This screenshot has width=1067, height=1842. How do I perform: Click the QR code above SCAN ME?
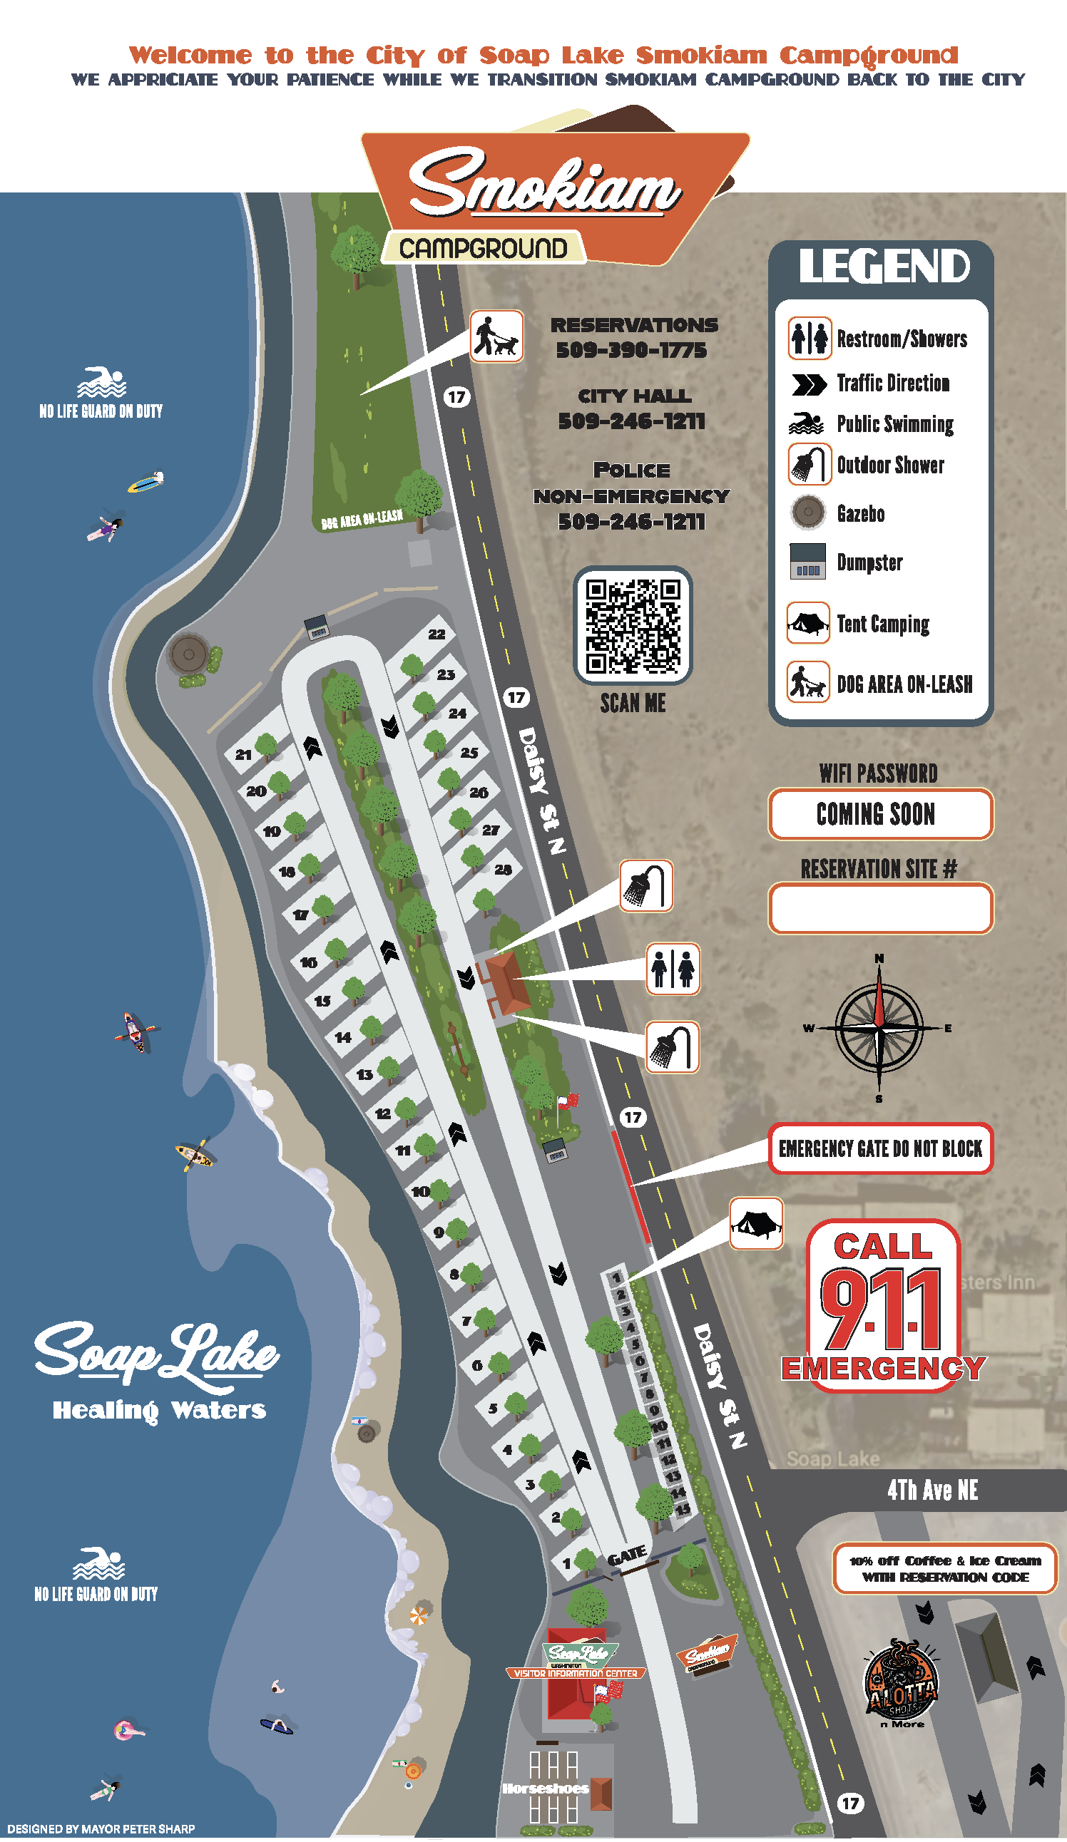pyautogui.click(x=633, y=625)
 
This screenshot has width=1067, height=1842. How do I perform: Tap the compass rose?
pyautogui.click(x=879, y=1028)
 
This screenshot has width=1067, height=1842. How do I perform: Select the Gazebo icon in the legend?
pyautogui.click(x=808, y=512)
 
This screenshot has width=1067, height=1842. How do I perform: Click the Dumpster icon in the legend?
pyautogui.click(x=808, y=562)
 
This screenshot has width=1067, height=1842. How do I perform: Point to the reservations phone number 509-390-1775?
pyautogui.click(x=632, y=350)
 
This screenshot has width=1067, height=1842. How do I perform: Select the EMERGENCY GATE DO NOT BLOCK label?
pyautogui.click(x=880, y=1148)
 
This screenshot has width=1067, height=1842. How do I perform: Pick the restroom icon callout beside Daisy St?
pyautogui.click(x=673, y=969)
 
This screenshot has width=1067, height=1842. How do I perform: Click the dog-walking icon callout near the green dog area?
pyautogui.click(x=496, y=336)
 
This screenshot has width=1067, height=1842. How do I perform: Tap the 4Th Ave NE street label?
pyautogui.click(x=932, y=1490)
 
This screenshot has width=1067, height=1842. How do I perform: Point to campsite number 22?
pyautogui.click(x=436, y=634)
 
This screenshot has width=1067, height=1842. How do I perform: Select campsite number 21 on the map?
pyautogui.click(x=243, y=754)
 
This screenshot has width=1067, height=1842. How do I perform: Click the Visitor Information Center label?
pyautogui.click(x=576, y=1673)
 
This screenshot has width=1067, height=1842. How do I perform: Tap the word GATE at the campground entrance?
pyautogui.click(x=628, y=1555)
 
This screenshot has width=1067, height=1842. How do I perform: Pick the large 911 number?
pyautogui.click(x=882, y=1310)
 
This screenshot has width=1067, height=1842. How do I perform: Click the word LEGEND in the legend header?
pyautogui.click(x=884, y=266)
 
